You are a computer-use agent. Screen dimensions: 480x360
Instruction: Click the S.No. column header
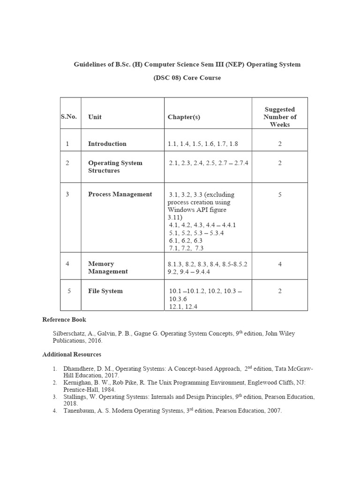tap(68, 117)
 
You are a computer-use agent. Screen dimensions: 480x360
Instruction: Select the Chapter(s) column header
tap(184, 117)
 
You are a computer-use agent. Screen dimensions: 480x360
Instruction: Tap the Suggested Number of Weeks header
tap(280, 117)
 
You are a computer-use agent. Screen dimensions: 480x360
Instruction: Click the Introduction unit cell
tap(107, 144)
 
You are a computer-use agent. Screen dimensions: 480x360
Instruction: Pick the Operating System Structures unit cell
tap(115, 167)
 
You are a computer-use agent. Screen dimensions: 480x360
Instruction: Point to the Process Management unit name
tap(120, 194)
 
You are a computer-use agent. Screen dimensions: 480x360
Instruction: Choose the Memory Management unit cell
tap(108, 268)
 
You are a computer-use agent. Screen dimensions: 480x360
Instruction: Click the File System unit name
tap(105, 291)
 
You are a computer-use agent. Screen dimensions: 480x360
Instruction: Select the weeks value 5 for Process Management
tap(280, 195)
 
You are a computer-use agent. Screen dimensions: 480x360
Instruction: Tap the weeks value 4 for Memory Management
tap(280, 264)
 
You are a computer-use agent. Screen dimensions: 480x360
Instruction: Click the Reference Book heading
tap(64, 320)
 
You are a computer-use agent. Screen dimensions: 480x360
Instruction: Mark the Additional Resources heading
tap(72, 354)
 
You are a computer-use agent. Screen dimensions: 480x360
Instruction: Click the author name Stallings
tap(75, 397)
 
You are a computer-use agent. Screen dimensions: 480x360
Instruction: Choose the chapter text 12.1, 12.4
tap(183, 307)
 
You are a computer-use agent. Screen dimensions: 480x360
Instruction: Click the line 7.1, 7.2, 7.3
tap(186, 248)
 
